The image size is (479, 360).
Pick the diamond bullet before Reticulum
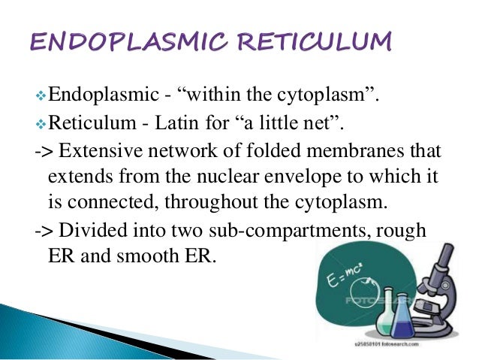pos(41,122)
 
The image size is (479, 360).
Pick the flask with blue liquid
pos(402,323)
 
